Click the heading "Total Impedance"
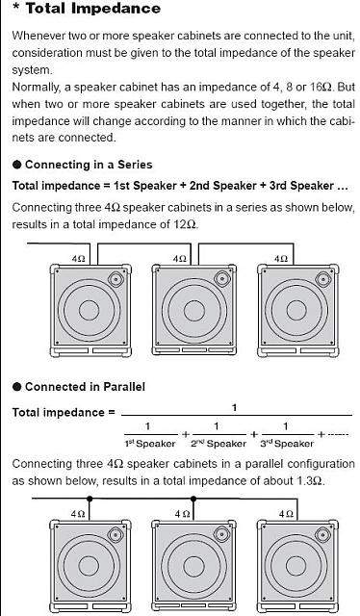[x=93, y=9]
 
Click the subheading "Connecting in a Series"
[x=89, y=165]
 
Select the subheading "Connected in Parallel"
[x=85, y=387]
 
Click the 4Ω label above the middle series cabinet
[x=180, y=259]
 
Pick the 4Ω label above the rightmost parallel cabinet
[x=286, y=513]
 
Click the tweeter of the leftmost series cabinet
[x=116, y=279]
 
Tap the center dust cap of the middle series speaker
[x=194, y=311]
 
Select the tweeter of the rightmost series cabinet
[x=323, y=279]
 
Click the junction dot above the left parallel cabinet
[x=90, y=499]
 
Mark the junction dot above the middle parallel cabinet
[x=193, y=499]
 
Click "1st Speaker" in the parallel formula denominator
[x=150, y=444]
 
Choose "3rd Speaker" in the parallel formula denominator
[x=287, y=444]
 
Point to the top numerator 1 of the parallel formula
[x=234, y=408]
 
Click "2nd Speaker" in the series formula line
[x=223, y=186]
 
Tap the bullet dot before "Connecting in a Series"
[x=16, y=165]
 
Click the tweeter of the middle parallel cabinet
[x=221, y=535]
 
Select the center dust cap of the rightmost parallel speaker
[x=296, y=566]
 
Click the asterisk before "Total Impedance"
[x=15, y=7]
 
